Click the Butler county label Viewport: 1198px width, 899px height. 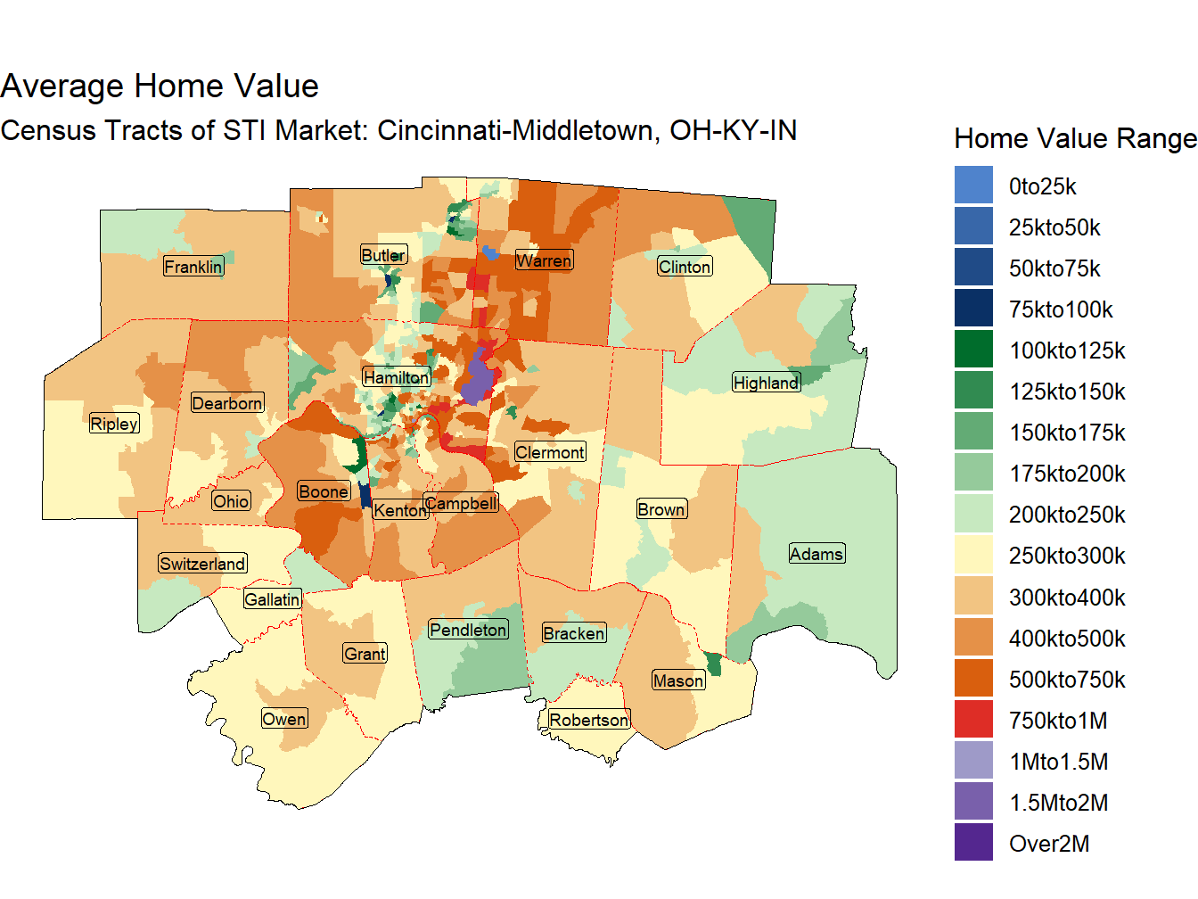(383, 255)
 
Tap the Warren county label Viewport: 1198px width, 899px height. (544, 260)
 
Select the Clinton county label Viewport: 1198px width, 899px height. (685, 267)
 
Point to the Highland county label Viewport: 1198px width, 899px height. (766, 383)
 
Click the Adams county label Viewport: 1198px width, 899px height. (816, 554)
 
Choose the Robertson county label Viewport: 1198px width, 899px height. (588, 720)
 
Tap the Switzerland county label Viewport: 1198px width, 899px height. (202, 564)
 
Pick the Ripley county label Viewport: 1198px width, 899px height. (114, 424)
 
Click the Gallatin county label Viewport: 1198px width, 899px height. (272, 599)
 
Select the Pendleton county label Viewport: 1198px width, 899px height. (468, 630)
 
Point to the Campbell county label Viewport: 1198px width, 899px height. (461, 503)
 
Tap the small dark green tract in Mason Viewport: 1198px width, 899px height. (713, 664)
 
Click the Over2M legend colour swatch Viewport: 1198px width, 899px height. (973, 843)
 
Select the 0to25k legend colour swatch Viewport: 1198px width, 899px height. (973, 186)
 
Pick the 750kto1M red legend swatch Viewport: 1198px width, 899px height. (973, 720)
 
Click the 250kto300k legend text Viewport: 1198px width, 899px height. (1067, 556)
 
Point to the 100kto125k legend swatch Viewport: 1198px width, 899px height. (973, 350)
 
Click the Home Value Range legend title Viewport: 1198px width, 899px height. (1075, 138)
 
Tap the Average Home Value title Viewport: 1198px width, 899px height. (160, 86)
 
